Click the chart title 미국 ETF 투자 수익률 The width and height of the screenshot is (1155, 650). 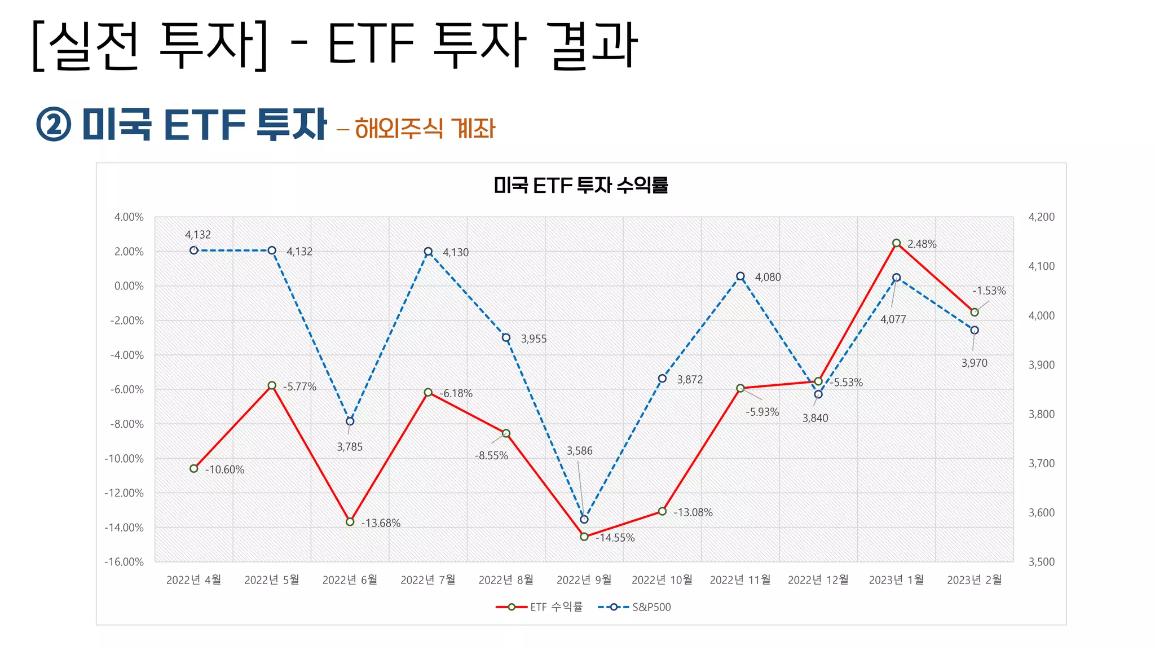click(x=580, y=185)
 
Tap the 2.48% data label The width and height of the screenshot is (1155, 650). click(x=922, y=244)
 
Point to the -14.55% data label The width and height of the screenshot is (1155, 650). click(x=615, y=538)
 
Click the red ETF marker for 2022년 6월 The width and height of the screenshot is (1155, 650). click(x=350, y=522)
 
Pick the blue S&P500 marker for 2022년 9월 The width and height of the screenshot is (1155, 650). click(x=584, y=519)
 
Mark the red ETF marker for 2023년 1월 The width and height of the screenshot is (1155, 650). click(x=896, y=243)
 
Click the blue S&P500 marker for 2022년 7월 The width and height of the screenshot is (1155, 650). click(x=428, y=252)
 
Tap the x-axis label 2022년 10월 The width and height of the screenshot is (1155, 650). click(x=662, y=580)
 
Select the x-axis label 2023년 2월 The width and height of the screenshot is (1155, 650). click(x=974, y=580)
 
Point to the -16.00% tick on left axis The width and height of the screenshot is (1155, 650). click(x=124, y=562)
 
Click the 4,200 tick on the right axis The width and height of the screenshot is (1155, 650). click(x=1041, y=217)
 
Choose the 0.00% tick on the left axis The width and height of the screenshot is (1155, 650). click(x=129, y=286)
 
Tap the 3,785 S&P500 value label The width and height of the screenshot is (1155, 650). click(x=350, y=447)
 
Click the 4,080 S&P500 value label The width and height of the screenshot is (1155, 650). click(x=768, y=277)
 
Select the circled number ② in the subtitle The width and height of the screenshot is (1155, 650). click(x=54, y=125)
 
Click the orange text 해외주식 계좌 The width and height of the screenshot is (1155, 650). click(x=425, y=128)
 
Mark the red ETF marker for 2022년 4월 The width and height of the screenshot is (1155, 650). click(x=194, y=468)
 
